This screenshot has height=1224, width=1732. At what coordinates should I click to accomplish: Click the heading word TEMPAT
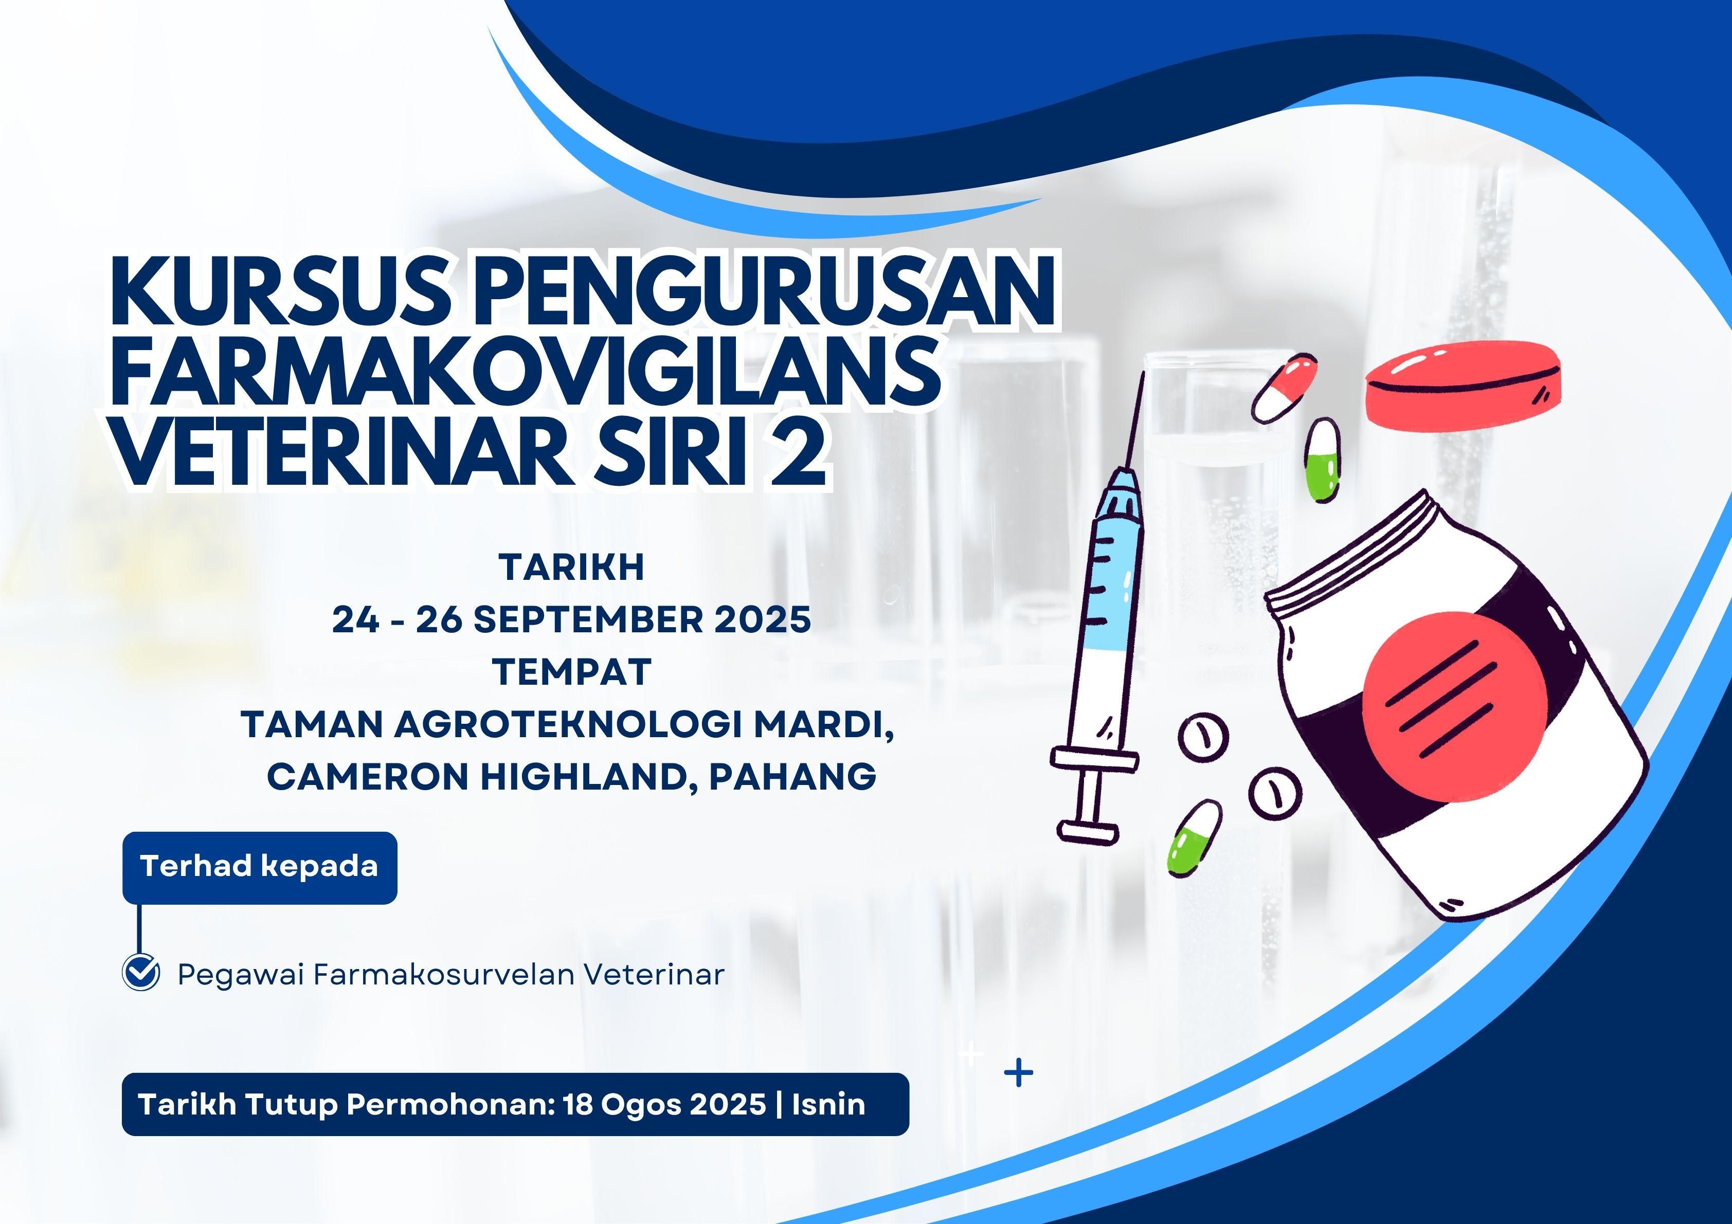point(572,672)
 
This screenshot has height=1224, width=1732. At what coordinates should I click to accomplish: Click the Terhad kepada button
point(260,867)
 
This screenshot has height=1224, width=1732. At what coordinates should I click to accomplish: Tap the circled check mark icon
point(141,972)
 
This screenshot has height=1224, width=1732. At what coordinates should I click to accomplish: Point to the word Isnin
point(828,1104)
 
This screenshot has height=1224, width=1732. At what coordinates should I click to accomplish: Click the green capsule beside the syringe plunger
point(1194,837)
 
